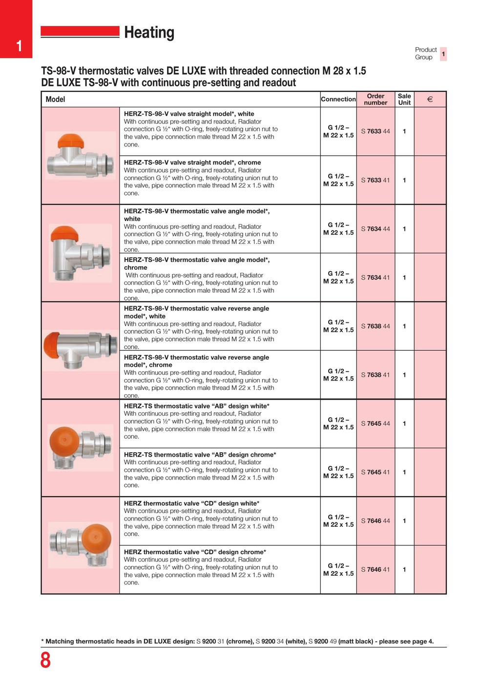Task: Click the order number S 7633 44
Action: pyautogui.click(x=376, y=131)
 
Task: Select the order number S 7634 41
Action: pyautogui.click(x=376, y=278)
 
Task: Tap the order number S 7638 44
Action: pyautogui.click(x=376, y=326)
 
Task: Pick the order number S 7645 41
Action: pyautogui.click(x=376, y=472)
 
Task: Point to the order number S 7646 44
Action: pyautogui.click(x=376, y=521)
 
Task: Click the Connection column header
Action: pyautogui.click(x=338, y=99)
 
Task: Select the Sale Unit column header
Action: pyautogui.click(x=404, y=99)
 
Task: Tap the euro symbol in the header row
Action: pyautogui.click(x=430, y=100)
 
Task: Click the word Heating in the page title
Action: pyautogui.click(x=149, y=33)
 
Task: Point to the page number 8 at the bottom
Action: pyautogui.click(x=45, y=661)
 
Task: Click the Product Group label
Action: pyautogui.click(x=425, y=53)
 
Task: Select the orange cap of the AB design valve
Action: pyautogui.click(x=65, y=442)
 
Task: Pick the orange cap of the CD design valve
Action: pyautogui.click(x=96, y=538)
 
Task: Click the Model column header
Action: pyautogui.click(x=55, y=100)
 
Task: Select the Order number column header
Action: pyautogui.click(x=376, y=99)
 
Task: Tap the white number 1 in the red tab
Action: pyautogui.click(x=19, y=46)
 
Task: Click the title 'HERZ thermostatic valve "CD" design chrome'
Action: pyautogui.click(x=195, y=552)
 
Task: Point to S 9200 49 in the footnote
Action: pyautogui.click(x=323, y=642)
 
